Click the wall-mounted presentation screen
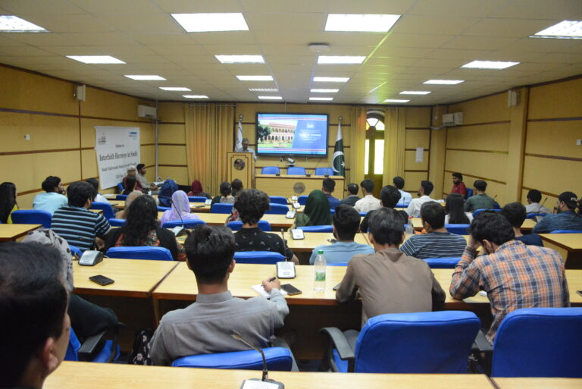pyautogui.click(x=292, y=134)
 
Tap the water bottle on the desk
pyautogui.click(x=320, y=271)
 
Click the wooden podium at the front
pyautogui.click(x=240, y=169)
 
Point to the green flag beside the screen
pyautogui.click(x=338, y=148)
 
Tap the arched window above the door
pyautogui.click(x=374, y=121)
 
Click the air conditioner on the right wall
pyautogui.click(x=452, y=118)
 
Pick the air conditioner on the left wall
pyautogui.click(x=146, y=111)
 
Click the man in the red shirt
pyautogui.click(x=458, y=185)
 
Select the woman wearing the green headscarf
pyautogui.click(x=315, y=209)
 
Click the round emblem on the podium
pyautogui.click(x=239, y=164)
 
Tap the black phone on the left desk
pyautogui.click(x=101, y=280)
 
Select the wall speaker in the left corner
pyautogui.click(x=80, y=93)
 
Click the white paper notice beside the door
pyautogui.click(x=419, y=154)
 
